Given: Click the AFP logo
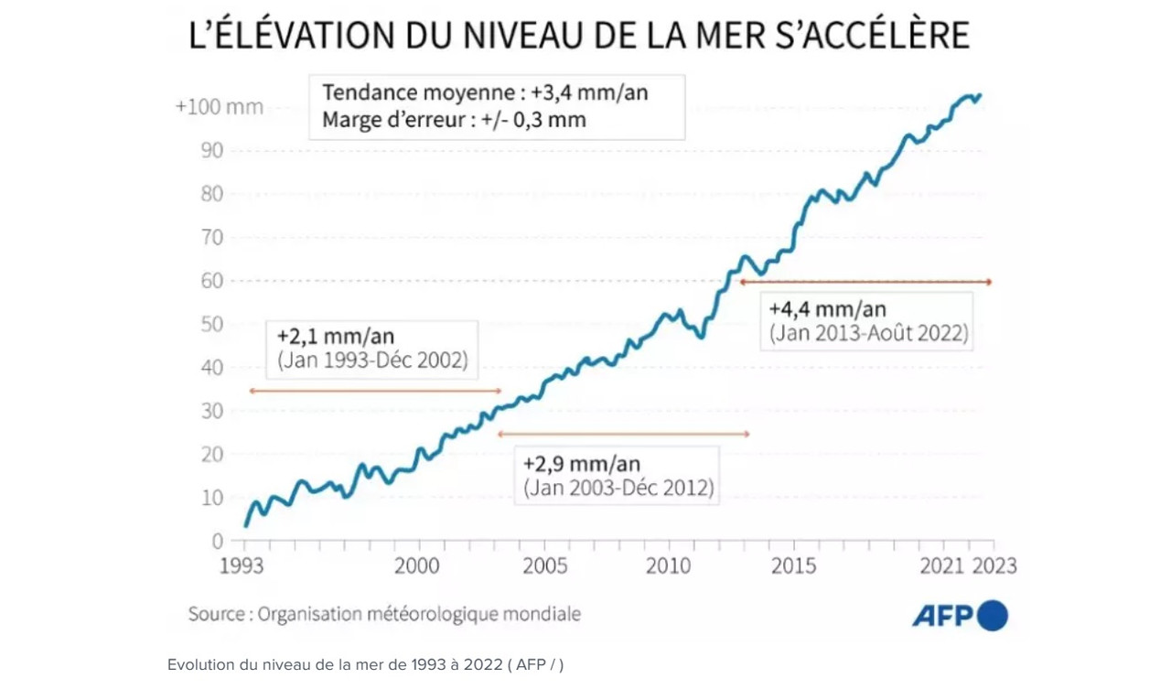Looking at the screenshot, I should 960,615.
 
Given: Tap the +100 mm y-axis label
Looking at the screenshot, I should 219,107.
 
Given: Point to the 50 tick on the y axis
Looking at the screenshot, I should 211,324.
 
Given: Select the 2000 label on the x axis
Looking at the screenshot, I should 416,565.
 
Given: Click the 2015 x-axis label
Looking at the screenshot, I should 793,565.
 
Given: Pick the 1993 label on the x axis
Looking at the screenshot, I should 242,565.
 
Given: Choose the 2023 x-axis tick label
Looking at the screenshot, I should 994,565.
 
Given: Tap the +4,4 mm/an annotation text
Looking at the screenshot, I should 828,309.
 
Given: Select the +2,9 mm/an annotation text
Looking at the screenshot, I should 582,462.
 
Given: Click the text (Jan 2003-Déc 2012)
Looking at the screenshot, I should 618,488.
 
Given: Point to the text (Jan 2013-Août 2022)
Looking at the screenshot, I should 868,333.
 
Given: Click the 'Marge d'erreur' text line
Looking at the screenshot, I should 454,119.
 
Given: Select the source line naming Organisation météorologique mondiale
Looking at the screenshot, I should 384,613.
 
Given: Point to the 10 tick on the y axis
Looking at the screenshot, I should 211,498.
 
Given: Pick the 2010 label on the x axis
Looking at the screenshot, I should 669,565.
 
